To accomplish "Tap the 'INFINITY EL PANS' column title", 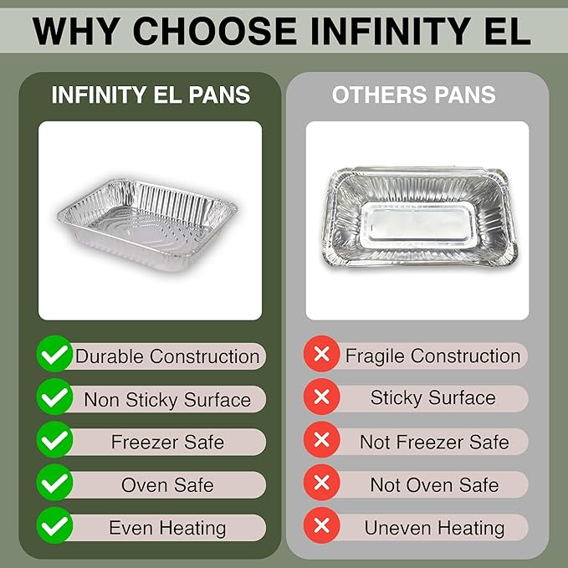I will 151,95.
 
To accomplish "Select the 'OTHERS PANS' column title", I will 414,95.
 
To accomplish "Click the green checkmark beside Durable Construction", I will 54,356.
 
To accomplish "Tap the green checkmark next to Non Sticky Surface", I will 54,398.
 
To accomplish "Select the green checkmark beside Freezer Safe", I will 54,442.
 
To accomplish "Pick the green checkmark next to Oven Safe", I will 54,484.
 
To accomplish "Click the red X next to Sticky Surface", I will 320,397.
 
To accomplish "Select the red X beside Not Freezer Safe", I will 320,441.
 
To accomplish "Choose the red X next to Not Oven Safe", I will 320,484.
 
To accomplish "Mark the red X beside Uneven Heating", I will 320,527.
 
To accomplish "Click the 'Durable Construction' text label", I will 167,356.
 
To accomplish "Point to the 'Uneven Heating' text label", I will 434,528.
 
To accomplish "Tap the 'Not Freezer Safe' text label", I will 434,442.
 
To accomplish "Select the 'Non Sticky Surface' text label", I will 167,399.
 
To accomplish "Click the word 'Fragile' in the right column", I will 375,356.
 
